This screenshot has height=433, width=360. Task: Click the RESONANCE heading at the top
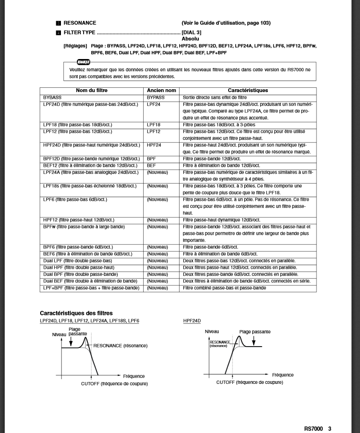click(x=79, y=23)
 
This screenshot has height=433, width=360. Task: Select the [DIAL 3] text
click(x=191, y=33)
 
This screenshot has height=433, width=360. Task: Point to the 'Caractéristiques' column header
click(x=248, y=90)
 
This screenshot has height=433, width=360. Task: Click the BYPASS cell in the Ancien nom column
click(x=155, y=97)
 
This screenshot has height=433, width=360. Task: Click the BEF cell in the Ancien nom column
click(x=151, y=166)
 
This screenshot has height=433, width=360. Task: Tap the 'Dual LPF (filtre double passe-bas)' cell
click(x=77, y=261)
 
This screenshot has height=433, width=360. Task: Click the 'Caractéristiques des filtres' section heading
click(x=76, y=313)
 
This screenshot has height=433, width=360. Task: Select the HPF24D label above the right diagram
click(x=192, y=321)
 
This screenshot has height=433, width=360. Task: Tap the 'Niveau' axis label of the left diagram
click(x=59, y=334)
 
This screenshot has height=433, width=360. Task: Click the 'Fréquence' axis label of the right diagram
click(x=283, y=375)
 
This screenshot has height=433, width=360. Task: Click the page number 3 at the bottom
click(x=330, y=428)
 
